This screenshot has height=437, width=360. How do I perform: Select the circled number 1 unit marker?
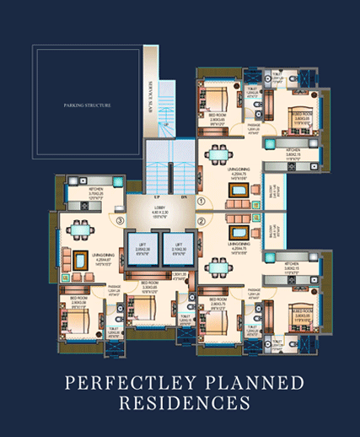(201, 202)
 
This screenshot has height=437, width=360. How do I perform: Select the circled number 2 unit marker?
(201, 223)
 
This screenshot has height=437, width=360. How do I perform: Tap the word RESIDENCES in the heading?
(180, 405)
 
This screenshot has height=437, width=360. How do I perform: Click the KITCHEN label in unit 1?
(294, 154)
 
